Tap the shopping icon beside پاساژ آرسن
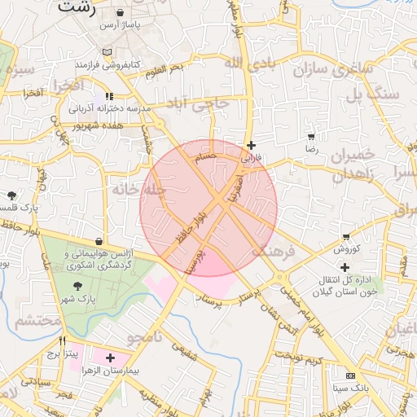(121, 14)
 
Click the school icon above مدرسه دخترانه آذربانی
(109, 96)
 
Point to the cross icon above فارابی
(251, 145)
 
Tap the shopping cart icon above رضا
(311, 136)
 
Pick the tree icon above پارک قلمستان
(12, 195)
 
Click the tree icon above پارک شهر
(77, 285)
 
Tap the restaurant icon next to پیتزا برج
(62, 341)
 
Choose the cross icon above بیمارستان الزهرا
(110, 358)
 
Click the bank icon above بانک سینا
(350, 375)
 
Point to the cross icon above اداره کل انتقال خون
(345, 267)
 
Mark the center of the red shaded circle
(208, 208)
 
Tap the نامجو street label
(145, 336)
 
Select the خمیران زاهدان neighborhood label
(352, 164)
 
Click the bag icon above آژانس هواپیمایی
(99, 242)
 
